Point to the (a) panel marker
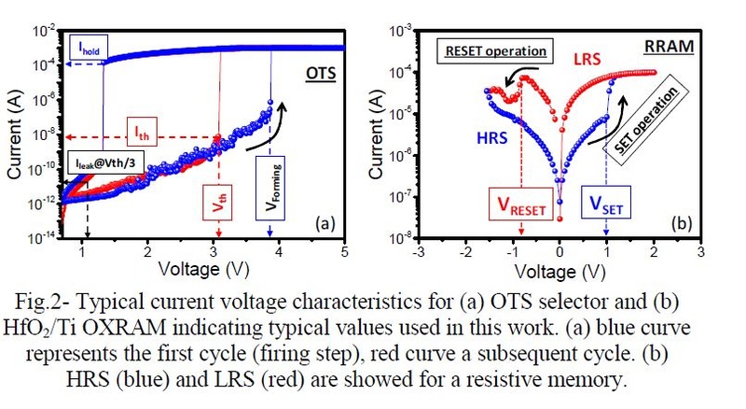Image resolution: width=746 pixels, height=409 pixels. [x=325, y=223]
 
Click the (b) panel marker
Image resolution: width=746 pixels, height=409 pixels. [x=681, y=223]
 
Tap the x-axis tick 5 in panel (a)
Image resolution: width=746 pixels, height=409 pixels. [x=345, y=253]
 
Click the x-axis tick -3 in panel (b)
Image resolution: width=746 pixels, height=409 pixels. [x=421, y=252]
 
